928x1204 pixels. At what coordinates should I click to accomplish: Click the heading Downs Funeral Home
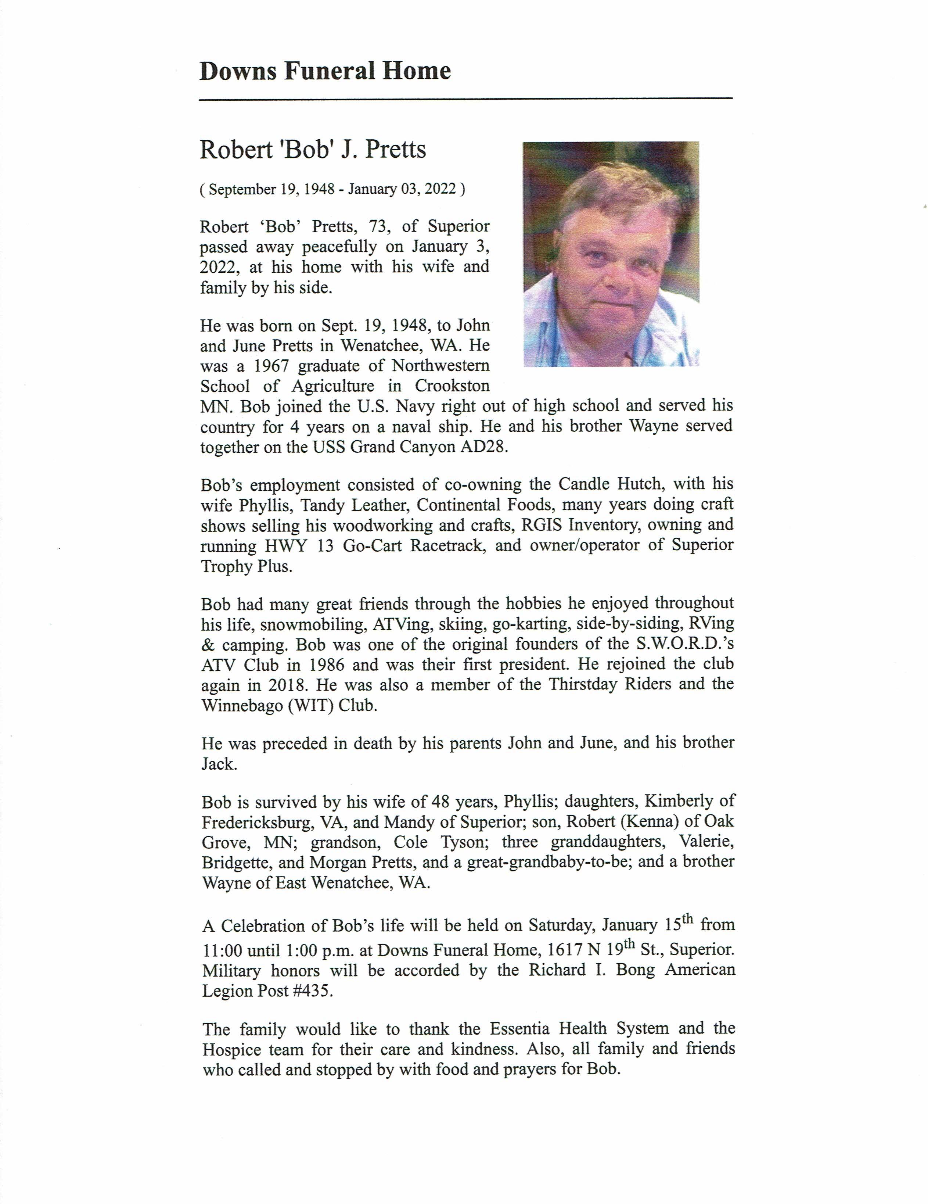click(x=325, y=72)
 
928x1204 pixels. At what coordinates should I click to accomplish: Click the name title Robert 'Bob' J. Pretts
click(x=312, y=150)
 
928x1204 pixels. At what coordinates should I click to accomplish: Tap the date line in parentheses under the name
click(x=332, y=190)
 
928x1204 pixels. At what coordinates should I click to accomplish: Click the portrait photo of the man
click(x=611, y=254)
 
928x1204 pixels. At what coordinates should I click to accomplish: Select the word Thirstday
click(x=581, y=685)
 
